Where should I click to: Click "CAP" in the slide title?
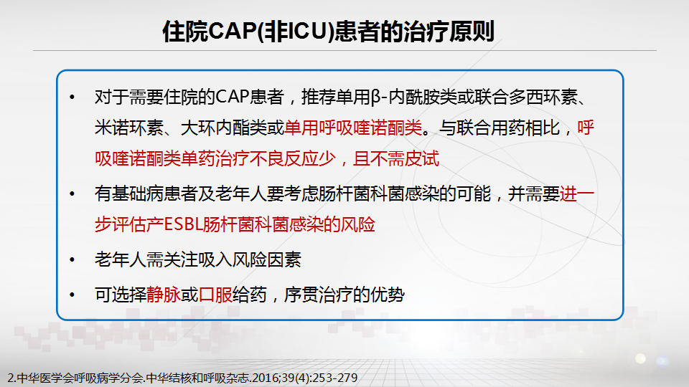pos(231,31)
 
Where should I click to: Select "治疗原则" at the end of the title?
pos(449,31)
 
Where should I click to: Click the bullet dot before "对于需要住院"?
pos(72,97)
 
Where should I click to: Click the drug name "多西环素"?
pos(543,97)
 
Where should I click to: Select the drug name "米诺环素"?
pos(129,128)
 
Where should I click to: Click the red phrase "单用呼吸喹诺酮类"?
pos(353,128)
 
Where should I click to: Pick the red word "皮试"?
pos(422,158)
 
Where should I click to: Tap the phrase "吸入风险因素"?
pos(250,259)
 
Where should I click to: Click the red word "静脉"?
pos(164,295)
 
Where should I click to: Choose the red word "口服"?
pos(215,295)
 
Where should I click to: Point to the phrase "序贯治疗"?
pos(318,295)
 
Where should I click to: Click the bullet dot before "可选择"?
pos(72,295)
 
